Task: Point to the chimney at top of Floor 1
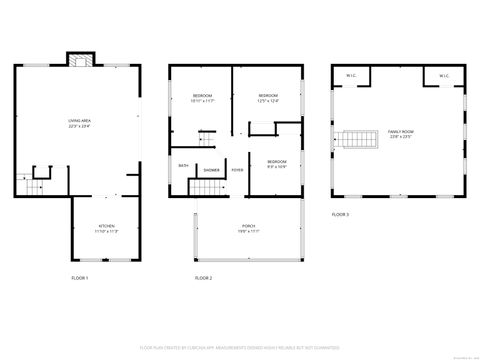point(79,59)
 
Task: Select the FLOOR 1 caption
point(79,277)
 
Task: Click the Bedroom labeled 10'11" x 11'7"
point(203,99)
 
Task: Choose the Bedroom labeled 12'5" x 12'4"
point(267,98)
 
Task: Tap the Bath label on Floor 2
point(183,165)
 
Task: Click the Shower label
point(212,170)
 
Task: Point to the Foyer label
point(237,170)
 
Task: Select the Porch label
point(249,228)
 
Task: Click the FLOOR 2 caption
point(203,277)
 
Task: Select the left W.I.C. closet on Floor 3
point(351,75)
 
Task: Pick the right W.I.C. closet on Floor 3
point(442,75)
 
